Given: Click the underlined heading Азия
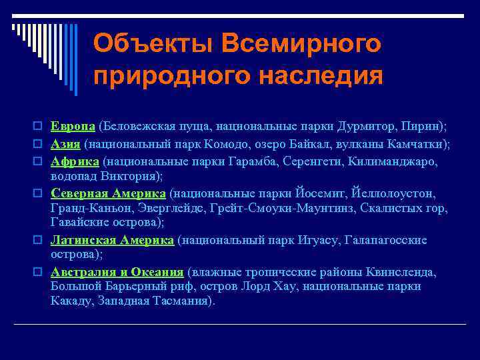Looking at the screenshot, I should coord(65,144).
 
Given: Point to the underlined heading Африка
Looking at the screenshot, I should coord(75,161).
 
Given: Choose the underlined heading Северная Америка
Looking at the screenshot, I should coord(109,193).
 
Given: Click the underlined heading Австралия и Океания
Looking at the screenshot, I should coord(117,272).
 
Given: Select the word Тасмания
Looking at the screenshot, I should coord(185,301).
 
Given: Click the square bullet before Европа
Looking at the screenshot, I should coord(39,127).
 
